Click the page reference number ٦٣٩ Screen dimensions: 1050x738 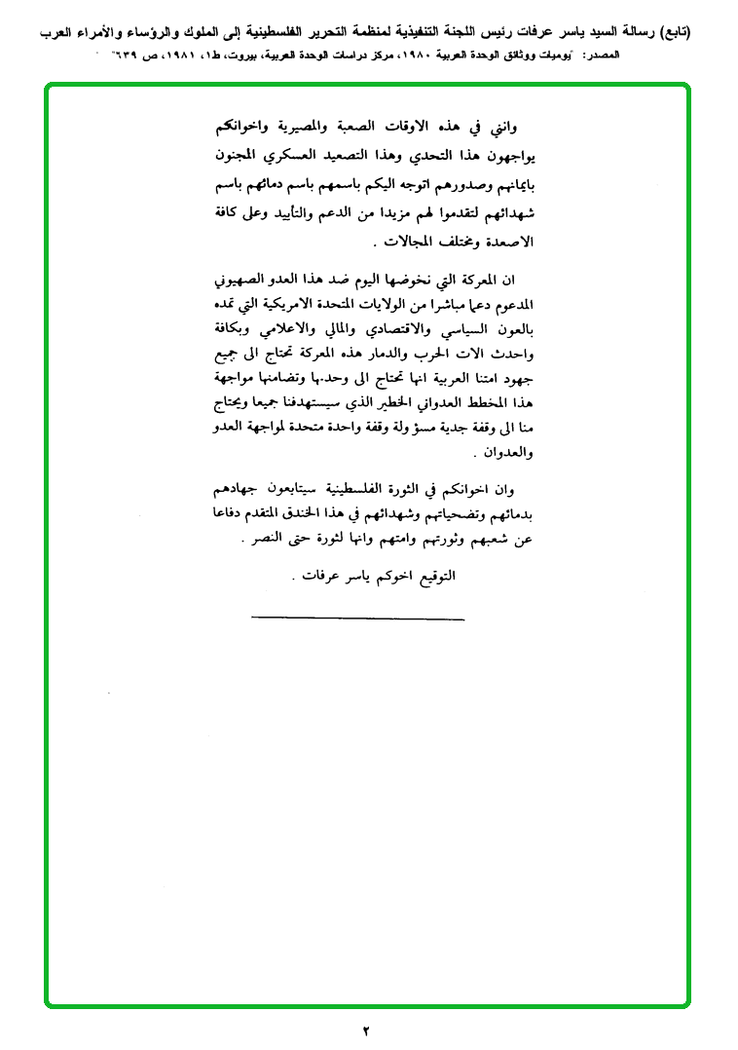123,56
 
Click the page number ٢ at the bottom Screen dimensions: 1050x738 367,1031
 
